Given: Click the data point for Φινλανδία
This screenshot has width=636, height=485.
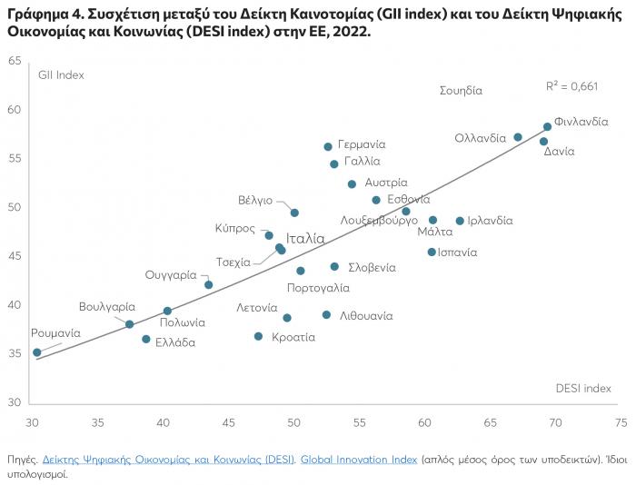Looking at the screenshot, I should (547, 127).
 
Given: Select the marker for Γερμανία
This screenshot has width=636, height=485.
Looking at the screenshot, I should (328, 146).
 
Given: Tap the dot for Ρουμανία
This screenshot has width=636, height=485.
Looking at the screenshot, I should (37, 352).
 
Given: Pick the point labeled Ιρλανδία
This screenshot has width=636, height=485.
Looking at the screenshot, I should (460, 221).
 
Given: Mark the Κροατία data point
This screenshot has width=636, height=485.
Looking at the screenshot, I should (258, 336).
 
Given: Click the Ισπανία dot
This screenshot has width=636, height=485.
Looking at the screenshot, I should (432, 252).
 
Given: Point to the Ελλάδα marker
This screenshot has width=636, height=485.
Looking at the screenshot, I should (146, 339).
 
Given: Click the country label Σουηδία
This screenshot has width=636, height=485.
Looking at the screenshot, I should (461, 91).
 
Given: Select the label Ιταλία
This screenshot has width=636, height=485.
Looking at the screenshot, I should (305, 239).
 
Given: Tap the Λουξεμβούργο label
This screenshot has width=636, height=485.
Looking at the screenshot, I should (379, 220).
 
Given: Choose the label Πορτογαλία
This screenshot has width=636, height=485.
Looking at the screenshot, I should (318, 288).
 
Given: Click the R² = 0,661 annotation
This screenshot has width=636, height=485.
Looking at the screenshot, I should (571, 85).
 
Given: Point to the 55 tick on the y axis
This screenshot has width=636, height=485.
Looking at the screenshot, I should (15, 159).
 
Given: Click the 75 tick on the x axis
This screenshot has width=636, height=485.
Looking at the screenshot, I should (621, 422).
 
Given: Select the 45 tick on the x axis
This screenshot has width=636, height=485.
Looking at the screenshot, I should (229, 422).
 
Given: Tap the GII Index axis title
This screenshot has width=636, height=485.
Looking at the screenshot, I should (61, 75).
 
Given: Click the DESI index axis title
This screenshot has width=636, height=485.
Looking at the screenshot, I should (583, 388).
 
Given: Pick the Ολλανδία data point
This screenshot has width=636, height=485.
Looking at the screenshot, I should (518, 137).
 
